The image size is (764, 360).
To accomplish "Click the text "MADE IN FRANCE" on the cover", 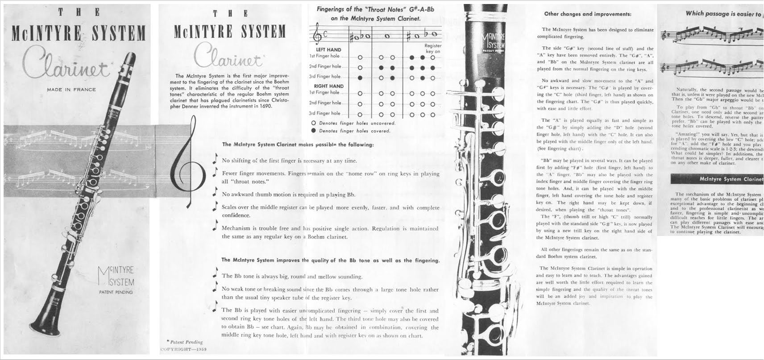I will (71, 90).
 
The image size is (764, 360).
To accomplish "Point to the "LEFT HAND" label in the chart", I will (328, 50).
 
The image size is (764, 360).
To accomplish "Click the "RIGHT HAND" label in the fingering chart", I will (328, 86).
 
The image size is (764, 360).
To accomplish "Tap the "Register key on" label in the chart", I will (432, 49).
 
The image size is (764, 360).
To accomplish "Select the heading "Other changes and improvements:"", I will (587, 14).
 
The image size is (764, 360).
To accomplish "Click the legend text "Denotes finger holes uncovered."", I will (357, 123).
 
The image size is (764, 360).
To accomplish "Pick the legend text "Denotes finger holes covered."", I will (354, 131).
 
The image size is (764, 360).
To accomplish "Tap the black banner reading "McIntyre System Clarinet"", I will (717, 179).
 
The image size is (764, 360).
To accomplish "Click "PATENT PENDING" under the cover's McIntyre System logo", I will (116, 292).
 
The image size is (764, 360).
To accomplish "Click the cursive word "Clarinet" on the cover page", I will (67, 67).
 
